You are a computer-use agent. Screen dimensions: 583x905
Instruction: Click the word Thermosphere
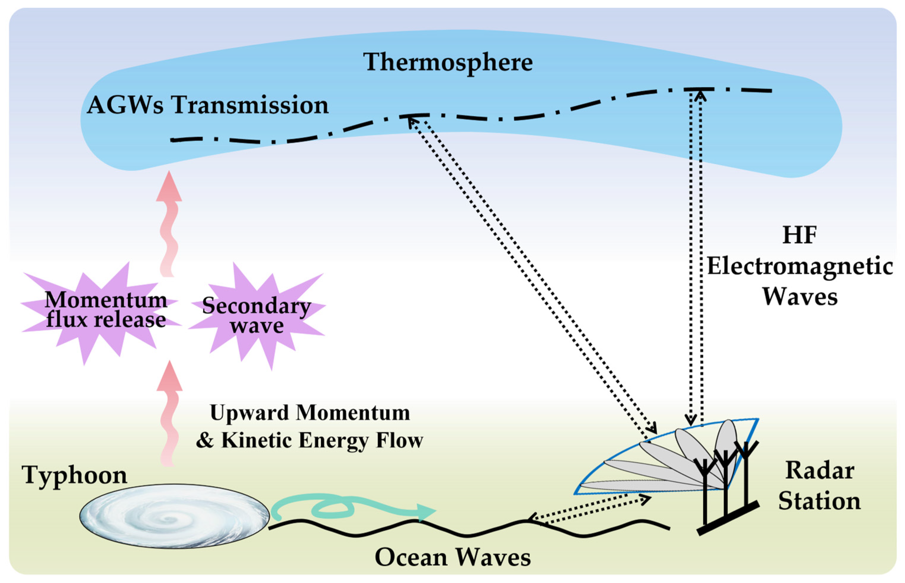click(x=448, y=62)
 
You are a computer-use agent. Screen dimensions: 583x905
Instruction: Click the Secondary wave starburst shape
click(x=257, y=315)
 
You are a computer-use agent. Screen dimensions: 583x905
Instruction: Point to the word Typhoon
click(x=74, y=475)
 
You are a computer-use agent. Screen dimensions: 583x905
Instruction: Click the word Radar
click(x=820, y=471)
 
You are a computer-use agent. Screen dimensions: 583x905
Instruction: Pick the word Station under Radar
click(x=819, y=501)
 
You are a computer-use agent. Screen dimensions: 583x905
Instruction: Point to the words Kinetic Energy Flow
click(x=322, y=440)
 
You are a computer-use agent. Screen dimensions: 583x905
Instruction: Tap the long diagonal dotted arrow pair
click(x=530, y=276)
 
